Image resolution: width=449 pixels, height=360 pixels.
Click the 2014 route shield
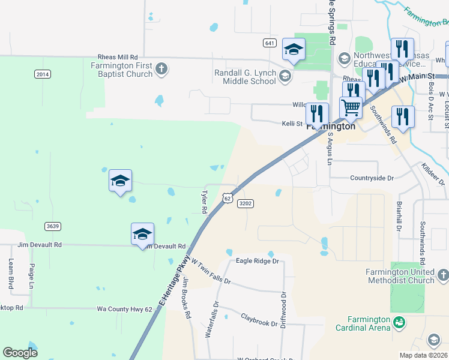pos(43,74)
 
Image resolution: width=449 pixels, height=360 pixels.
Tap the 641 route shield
pos(270,43)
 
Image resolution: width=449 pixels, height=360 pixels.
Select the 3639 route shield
pos(52,226)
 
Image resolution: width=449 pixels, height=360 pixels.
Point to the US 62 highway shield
pos(226,197)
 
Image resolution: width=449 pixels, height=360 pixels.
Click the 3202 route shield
pos(245,203)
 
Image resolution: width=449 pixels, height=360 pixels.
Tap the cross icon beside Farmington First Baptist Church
pos(161,69)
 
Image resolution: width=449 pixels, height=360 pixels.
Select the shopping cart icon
pos(351,107)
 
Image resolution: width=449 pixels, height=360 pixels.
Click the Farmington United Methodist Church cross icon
pos(442,275)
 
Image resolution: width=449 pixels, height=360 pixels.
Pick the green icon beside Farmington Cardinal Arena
pos(398,323)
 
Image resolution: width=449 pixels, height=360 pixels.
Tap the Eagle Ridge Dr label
pos(258,261)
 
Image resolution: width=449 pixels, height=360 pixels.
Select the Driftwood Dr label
pos(283,310)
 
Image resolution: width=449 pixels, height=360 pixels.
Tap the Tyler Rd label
pos(204,202)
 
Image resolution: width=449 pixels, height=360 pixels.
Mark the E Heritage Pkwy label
pos(173,281)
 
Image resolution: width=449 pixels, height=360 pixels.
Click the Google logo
pos(20,352)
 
